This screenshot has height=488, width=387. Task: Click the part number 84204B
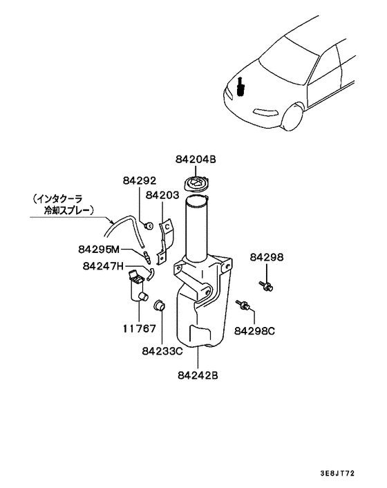pyautogui.click(x=196, y=160)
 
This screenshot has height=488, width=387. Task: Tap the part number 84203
pyautogui.click(x=162, y=196)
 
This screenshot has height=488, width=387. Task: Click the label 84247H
pyautogui.click(x=102, y=265)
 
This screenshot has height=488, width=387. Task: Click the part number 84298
pyautogui.click(x=267, y=257)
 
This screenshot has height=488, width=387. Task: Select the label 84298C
pyautogui.click(x=254, y=331)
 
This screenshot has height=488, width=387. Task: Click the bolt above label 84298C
pyautogui.click(x=244, y=305)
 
